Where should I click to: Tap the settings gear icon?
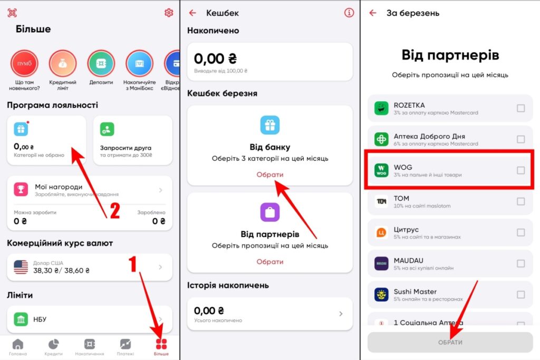tap(169, 13)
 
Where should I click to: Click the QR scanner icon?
tap(12, 13)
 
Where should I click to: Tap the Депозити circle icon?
tap(101, 64)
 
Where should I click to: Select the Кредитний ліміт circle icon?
tap(63, 64)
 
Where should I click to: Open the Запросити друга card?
tap(132, 140)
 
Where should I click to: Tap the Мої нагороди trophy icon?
tap(21, 189)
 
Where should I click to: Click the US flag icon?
tap(21, 267)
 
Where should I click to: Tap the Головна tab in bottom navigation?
tap(18, 347)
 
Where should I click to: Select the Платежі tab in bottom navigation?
tap(126, 347)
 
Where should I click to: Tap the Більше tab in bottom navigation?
tap(161, 347)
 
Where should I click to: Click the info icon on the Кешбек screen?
tap(349, 13)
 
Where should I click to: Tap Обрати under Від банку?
tap(270, 174)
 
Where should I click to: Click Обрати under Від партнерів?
tap(270, 261)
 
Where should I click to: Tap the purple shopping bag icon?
tap(270, 212)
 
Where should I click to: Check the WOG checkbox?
tap(520, 170)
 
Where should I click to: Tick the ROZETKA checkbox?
tap(520, 108)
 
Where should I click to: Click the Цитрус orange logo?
tap(381, 232)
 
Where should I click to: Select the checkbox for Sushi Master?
tap(520, 295)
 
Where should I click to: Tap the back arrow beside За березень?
tap(373, 13)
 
